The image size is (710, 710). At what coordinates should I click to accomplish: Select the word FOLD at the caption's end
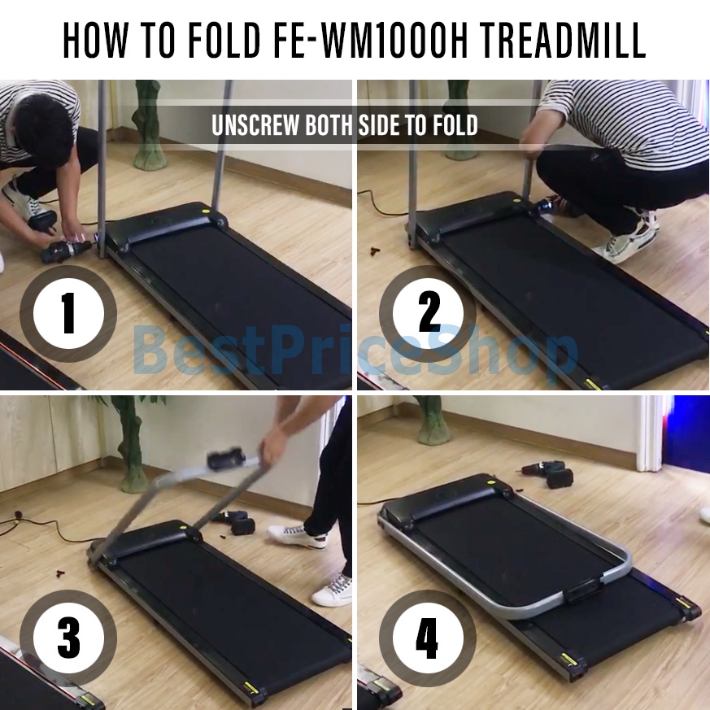tap(455, 125)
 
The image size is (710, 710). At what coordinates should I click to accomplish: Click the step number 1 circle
tap(68, 313)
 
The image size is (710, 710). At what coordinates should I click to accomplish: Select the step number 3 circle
tap(68, 638)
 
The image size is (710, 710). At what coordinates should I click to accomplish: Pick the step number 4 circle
tap(428, 638)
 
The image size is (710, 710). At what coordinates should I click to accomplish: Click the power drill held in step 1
tap(67, 250)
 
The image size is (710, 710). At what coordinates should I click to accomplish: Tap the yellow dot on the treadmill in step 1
tap(206, 211)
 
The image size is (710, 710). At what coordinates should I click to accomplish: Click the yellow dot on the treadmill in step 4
tap(491, 482)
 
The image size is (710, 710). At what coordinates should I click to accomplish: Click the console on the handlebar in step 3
tap(226, 460)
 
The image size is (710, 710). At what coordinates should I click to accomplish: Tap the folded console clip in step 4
tap(583, 590)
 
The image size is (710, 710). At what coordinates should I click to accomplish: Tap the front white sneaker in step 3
tap(333, 591)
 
